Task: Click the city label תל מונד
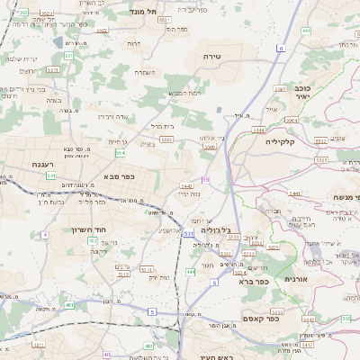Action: (x=143, y=10)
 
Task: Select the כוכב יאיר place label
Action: (x=302, y=94)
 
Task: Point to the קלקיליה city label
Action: (x=287, y=141)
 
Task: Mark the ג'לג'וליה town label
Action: (x=238, y=229)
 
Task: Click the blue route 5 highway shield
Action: (x=152, y=311)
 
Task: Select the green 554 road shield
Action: (x=120, y=153)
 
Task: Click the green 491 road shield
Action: (x=70, y=306)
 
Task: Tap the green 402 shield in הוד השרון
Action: (x=93, y=241)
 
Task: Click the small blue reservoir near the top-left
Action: (x=58, y=41)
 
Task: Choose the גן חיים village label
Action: (x=118, y=141)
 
